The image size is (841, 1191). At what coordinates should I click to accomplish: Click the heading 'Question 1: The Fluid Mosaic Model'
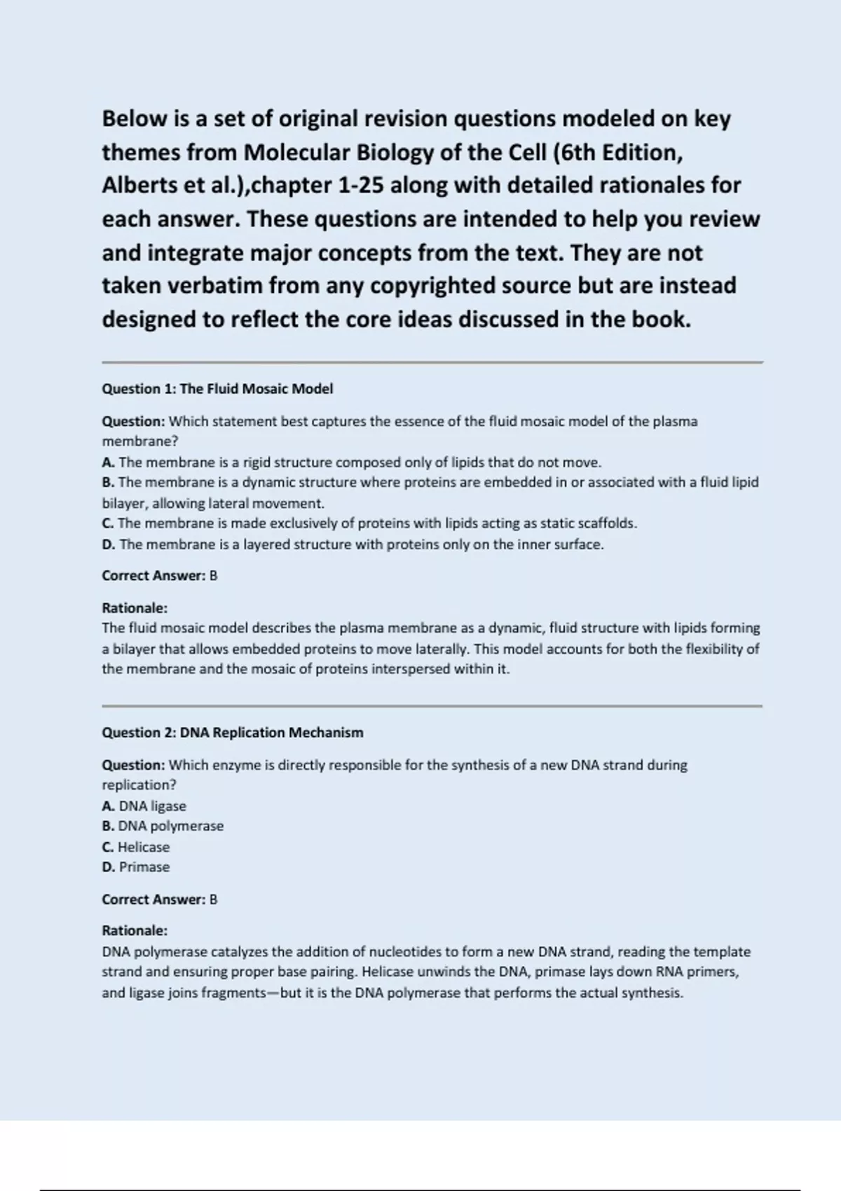[x=217, y=389]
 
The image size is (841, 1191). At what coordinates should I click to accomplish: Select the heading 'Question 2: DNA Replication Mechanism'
[x=233, y=733]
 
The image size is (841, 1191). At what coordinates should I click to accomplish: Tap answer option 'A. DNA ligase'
[x=144, y=806]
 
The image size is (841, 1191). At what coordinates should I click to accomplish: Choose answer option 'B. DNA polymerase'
[x=163, y=827]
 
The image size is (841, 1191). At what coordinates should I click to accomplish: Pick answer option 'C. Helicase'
[x=136, y=847]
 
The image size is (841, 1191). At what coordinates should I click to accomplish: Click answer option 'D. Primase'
[x=136, y=867]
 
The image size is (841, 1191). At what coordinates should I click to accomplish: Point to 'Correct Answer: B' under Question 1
[x=160, y=576]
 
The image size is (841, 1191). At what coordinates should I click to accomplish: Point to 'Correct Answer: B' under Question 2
[x=160, y=900]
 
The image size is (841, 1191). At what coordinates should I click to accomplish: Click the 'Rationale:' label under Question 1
[x=135, y=608]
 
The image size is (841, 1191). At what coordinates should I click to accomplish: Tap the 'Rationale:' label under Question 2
[x=135, y=931]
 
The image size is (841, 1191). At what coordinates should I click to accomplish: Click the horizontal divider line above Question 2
[x=432, y=706]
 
